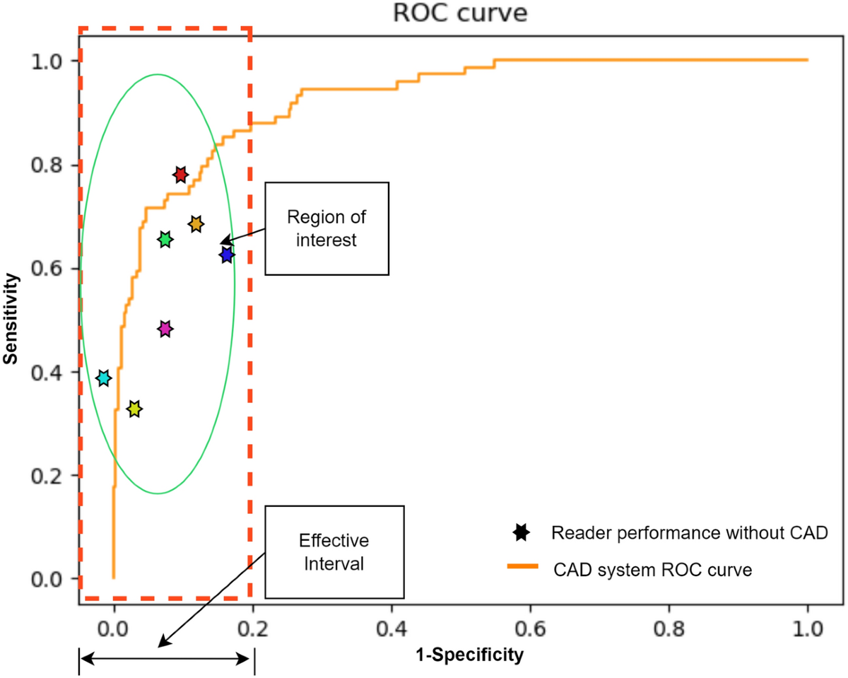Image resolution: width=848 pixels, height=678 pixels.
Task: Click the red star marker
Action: tap(180, 175)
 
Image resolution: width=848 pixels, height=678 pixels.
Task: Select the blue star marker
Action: tap(226, 255)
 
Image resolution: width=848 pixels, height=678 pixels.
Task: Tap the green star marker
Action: tap(165, 240)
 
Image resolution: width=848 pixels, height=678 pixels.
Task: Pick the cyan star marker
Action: tap(104, 378)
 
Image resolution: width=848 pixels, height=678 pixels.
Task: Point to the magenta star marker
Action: tap(165, 329)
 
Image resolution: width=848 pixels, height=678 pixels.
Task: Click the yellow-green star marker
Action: tap(134, 409)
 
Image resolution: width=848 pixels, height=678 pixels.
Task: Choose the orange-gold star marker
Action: tap(196, 224)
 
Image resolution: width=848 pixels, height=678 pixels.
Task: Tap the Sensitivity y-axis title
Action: tap(10, 320)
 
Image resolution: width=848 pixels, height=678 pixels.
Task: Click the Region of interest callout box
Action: tap(326, 228)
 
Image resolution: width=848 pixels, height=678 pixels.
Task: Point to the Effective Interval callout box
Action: tap(334, 551)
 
